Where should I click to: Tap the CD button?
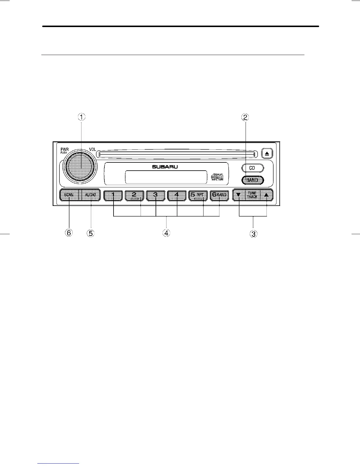pyautogui.click(x=252, y=168)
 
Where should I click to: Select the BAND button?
pyautogui.click(x=253, y=180)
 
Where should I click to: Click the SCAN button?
pyautogui.click(x=69, y=195)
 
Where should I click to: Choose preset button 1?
pyautogui.click(x=113, y=195)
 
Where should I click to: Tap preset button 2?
pyautogui.click(x=134, y=195)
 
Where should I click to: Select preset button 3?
pyautogui.click(x=156, y=195)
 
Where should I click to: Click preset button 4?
pyautogui.click(x=177, y=195)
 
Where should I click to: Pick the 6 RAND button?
pyautogui.click(x=219, y=195)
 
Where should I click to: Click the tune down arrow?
pyautogui.click(x=239, y=195)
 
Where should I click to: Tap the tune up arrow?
pyautogui.click(x=266, y=195)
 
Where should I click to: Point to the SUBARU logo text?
pyautogui.click(x=165, y=167)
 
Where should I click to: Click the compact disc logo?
pyautogui.click(x=217, y=177)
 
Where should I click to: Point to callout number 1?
pyautogui.click(x=81, y=117)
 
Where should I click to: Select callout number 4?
pyautogui.click(x=166, y=233)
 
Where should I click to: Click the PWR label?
pyautogui.click(x=65, y=149)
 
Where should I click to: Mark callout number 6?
pyautogui.click(x=69, y=233)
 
